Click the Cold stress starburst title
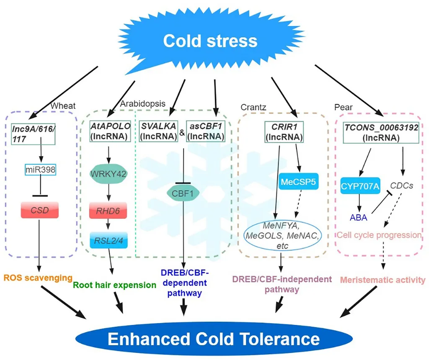coord(210,41)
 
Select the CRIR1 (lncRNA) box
coord(284,132)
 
